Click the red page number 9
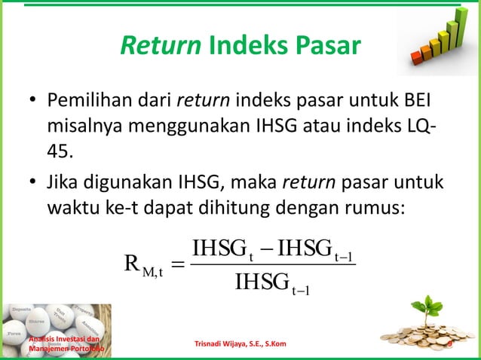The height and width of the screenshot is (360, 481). (449, 344)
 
